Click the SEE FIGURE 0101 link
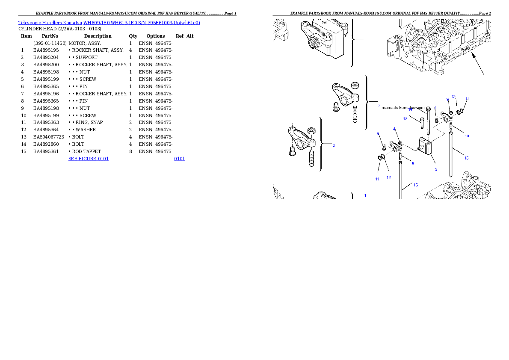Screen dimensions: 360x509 click(x=89, y=159)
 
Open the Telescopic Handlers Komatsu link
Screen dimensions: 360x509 click(x=109, y=23)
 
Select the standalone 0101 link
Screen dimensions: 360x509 click(x=179, y=159)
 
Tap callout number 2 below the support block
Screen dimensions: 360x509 click(x=436, y=169)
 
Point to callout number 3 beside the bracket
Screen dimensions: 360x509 click(x=334, y=145)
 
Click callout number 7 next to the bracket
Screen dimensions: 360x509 click(x=379, y=105)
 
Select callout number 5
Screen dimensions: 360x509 click(x=413, y=163)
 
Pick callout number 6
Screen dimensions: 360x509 click(x=378, y=134)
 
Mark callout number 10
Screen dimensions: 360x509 click(x=466, y=136)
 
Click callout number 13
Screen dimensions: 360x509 click(x=405, y=118)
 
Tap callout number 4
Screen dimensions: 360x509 click(x=394, y=129)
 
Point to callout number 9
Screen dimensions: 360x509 click(x=447, y=99)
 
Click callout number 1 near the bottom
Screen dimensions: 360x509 click(x=365, y=195)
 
